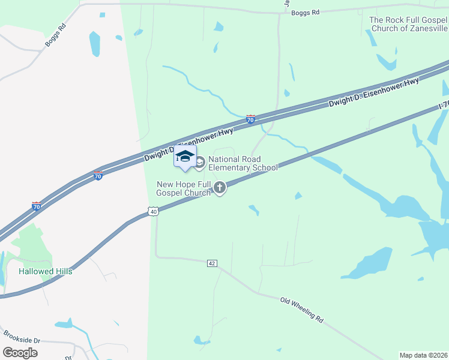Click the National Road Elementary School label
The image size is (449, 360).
243,163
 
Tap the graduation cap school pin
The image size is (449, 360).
185,157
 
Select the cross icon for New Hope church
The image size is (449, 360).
220,188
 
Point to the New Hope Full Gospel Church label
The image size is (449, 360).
184,188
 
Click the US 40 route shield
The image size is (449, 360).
154,212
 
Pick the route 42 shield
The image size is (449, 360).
211,263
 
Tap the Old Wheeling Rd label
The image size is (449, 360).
302,310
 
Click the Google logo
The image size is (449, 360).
20,353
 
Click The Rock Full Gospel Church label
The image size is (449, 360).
409,24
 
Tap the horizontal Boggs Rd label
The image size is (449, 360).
304,12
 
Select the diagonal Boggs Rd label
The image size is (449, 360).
55,36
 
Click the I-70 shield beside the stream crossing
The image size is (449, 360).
250,120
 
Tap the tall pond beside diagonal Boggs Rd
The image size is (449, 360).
94,44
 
